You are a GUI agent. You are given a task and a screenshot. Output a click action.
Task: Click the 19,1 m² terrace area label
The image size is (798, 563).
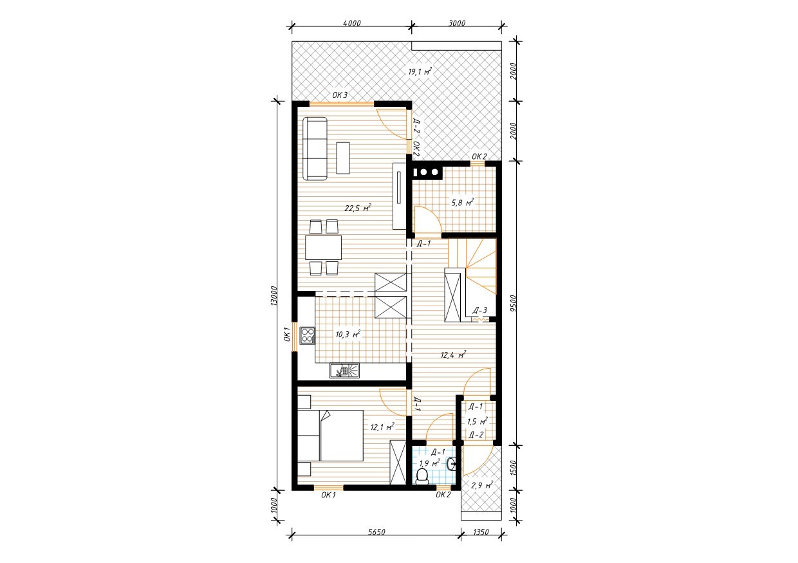(x=420, y=71)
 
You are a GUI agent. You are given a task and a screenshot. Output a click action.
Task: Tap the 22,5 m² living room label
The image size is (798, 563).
(x=358, y=208)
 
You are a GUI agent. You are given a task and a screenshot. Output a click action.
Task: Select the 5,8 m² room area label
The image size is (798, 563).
(x=463, y=203)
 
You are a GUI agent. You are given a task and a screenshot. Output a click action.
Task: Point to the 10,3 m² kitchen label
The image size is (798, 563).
(x=348, y=334)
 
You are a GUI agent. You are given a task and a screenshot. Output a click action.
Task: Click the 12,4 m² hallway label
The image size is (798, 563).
(x=454, y=355)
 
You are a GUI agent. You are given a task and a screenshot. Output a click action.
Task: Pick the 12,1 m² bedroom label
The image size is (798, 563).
(x=382, y=427)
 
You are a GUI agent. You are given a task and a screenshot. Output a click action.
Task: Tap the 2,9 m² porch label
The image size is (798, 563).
(x=482, y=485)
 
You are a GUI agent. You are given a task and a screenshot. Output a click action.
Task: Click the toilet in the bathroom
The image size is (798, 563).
(x=422, y=476)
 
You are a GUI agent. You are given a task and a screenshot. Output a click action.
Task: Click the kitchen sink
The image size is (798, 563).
(x=95, y=371)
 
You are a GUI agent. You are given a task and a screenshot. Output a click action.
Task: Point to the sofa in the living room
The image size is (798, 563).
(x=315, y=149)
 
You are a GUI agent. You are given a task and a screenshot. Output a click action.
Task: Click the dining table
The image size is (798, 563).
(x=324, y=248)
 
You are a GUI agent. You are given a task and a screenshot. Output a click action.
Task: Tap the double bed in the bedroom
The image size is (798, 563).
(x=330, y=436)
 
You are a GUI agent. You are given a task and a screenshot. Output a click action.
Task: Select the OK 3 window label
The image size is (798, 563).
(x=340, y=95)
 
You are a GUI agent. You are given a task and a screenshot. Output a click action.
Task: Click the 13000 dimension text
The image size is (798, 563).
(x=274, y=295)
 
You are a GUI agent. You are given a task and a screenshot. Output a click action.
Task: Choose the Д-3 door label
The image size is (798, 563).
(x=480, y=311)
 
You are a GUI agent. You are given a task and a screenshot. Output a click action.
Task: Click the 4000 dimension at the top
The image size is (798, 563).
(x=352, y=23)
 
